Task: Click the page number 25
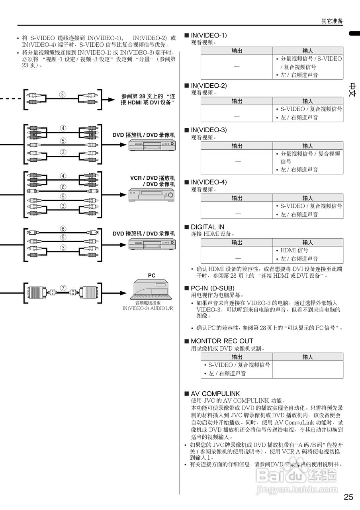[x=348, y=497]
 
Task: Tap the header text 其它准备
[x=332, y=21]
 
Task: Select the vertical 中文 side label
[x=353, y=90]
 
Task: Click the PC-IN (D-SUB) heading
[x=212, y=288]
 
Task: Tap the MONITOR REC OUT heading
[x=222, y=341]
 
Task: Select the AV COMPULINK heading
[x=215, y=394]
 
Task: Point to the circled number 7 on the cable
[x=63, y=288]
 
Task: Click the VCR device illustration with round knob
[x=151, y=195]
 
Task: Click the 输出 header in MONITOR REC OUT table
[x=237, y=357]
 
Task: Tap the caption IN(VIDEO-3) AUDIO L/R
[x=148, y=308]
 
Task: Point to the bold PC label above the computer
[x=152, y=275]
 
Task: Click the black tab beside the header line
[x=354, y=33]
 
